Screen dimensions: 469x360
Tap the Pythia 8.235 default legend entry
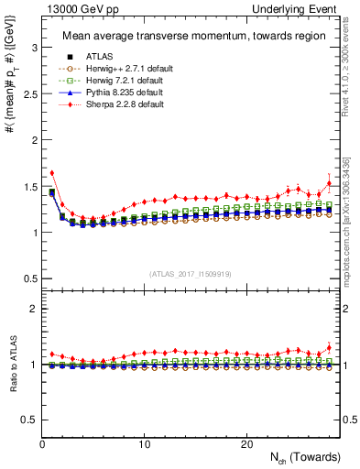point(113,93)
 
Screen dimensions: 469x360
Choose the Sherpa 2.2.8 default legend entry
point(113,104)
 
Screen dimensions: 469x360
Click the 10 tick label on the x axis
point(144,443)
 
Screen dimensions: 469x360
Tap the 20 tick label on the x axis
point(245,443)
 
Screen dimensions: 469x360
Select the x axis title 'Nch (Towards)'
point(306,457)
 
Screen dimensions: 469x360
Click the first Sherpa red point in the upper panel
point(52,172)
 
